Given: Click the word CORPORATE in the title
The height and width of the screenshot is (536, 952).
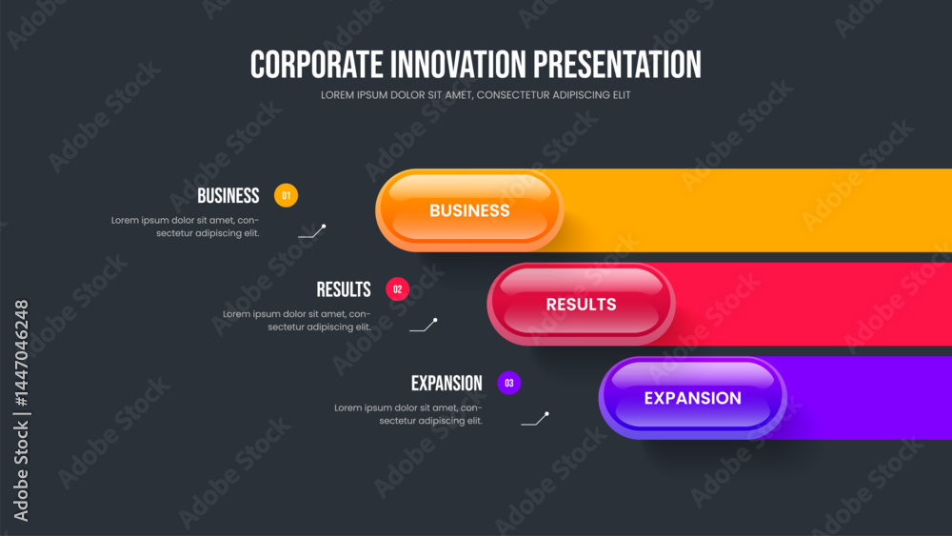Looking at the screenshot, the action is [316, 65].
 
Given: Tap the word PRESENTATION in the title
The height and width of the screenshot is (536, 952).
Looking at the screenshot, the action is [617, 65].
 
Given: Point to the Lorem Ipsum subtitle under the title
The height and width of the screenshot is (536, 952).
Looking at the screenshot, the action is [475, 94].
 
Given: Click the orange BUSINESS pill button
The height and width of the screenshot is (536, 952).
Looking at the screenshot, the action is [469, 210].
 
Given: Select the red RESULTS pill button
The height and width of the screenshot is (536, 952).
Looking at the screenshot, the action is [581, 304].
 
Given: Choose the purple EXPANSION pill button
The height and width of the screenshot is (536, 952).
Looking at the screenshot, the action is [693, 398].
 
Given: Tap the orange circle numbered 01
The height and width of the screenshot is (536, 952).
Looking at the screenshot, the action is [286, 195].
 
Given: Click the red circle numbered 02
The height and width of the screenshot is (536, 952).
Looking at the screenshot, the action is [398, 288].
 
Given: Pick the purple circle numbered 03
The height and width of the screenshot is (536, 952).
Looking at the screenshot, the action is [508, 383].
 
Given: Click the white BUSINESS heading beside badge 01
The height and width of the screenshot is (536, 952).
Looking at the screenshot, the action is [228, 195].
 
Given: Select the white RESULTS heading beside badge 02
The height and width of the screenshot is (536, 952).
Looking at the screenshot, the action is [344, 289].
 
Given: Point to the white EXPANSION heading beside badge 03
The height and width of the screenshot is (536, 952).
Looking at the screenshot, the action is [446, 383].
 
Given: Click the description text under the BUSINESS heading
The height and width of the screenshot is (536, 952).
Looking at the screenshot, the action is [186, 227].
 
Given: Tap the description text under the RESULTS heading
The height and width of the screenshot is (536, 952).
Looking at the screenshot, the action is [297, 321].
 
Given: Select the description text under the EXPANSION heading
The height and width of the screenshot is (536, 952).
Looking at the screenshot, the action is [408, 414].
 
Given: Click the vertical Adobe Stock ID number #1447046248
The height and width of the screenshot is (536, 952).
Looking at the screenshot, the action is [21, 352].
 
